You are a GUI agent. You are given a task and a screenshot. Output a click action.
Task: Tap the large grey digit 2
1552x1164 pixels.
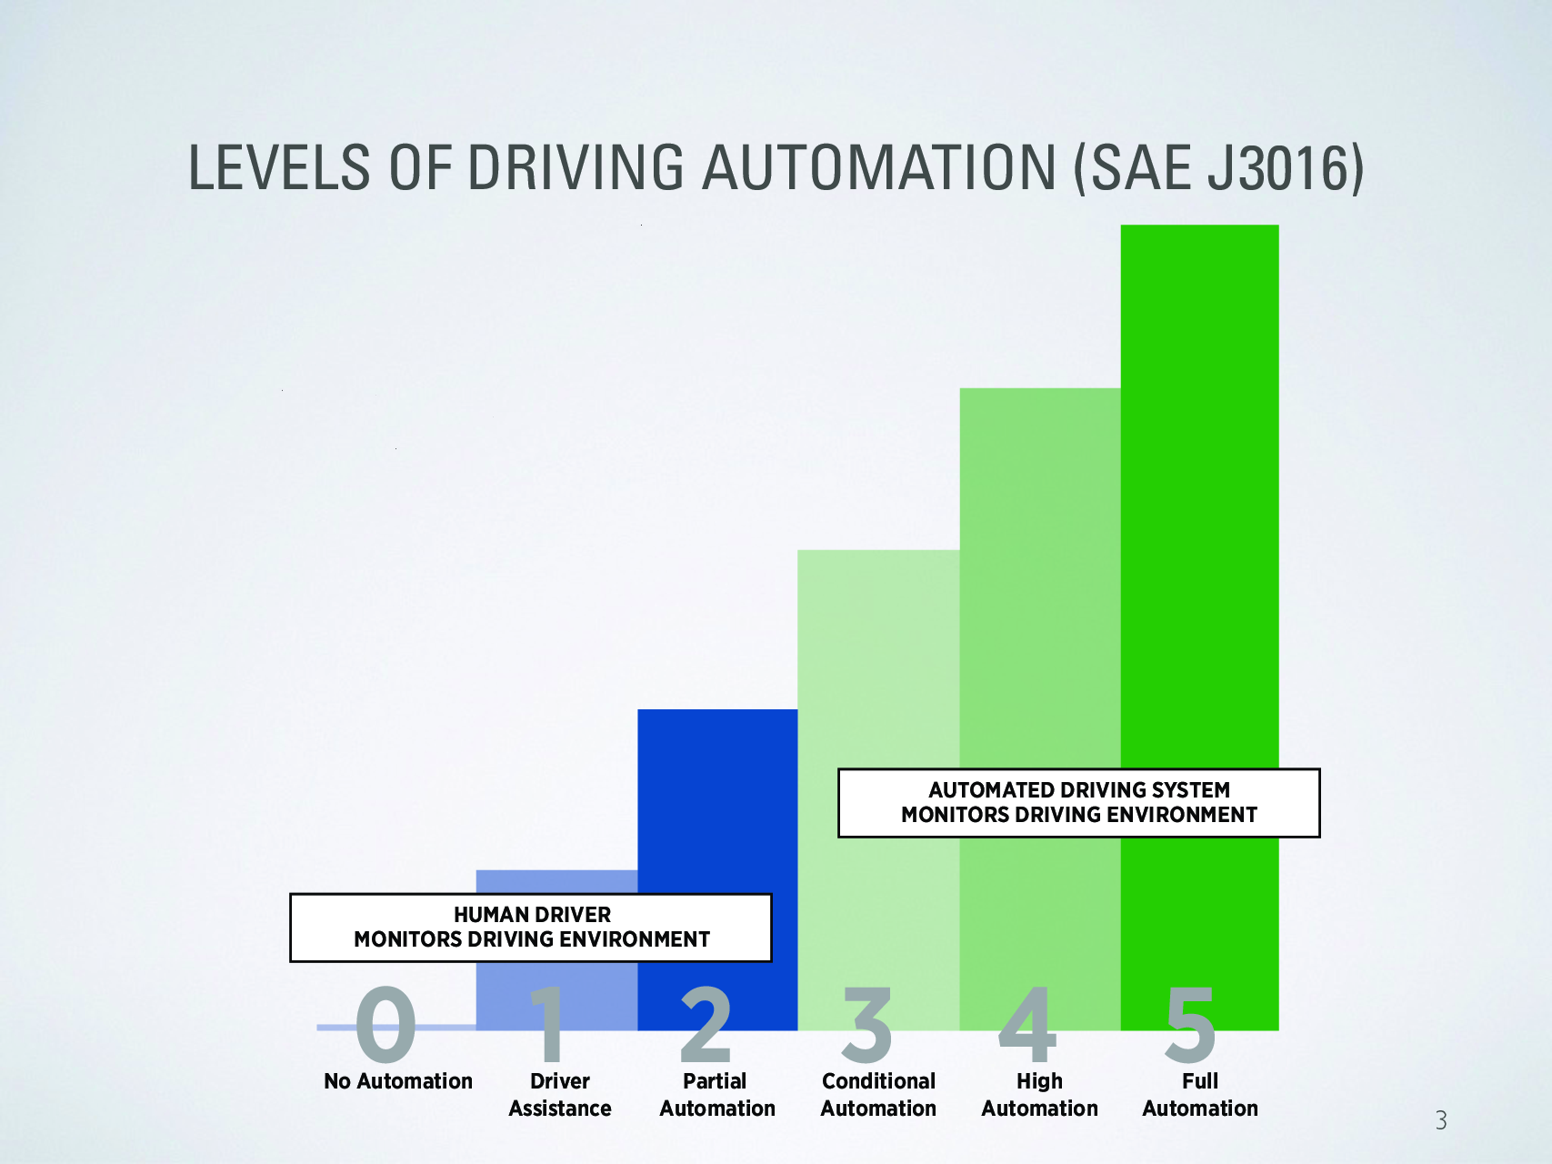click(x=706, y=1025)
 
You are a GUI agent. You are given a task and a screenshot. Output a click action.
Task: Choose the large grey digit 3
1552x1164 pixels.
click(x=866, y=1025)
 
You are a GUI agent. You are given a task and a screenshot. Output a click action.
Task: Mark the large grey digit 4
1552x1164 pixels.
click(x=1028, y=1025)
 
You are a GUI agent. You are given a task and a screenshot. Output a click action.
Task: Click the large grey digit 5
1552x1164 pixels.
click(x=1190, y=1025)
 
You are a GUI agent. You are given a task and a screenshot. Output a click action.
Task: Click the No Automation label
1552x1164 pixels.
click(x=398, y=1081)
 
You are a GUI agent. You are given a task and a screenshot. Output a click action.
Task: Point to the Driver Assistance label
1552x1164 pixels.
click(x=560, y=1095)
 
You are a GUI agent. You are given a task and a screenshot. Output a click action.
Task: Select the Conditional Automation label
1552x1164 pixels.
click(x=878, y=1095)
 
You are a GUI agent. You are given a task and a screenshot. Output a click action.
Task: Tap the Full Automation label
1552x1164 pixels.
click(x=1200, y=1095)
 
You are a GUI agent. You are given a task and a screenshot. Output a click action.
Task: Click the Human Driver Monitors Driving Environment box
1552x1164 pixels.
click(x=531, y=928)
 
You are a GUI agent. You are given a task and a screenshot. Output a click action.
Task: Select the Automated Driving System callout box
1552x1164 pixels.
click(x=1079, y=803)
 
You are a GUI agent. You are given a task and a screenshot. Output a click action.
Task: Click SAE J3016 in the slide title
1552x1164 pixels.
click(x=1218, y=167)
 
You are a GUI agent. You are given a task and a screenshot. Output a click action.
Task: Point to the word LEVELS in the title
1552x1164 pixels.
click(x=279, y=167)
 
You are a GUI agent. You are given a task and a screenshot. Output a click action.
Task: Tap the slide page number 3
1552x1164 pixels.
click(x=1441, y=1120)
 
